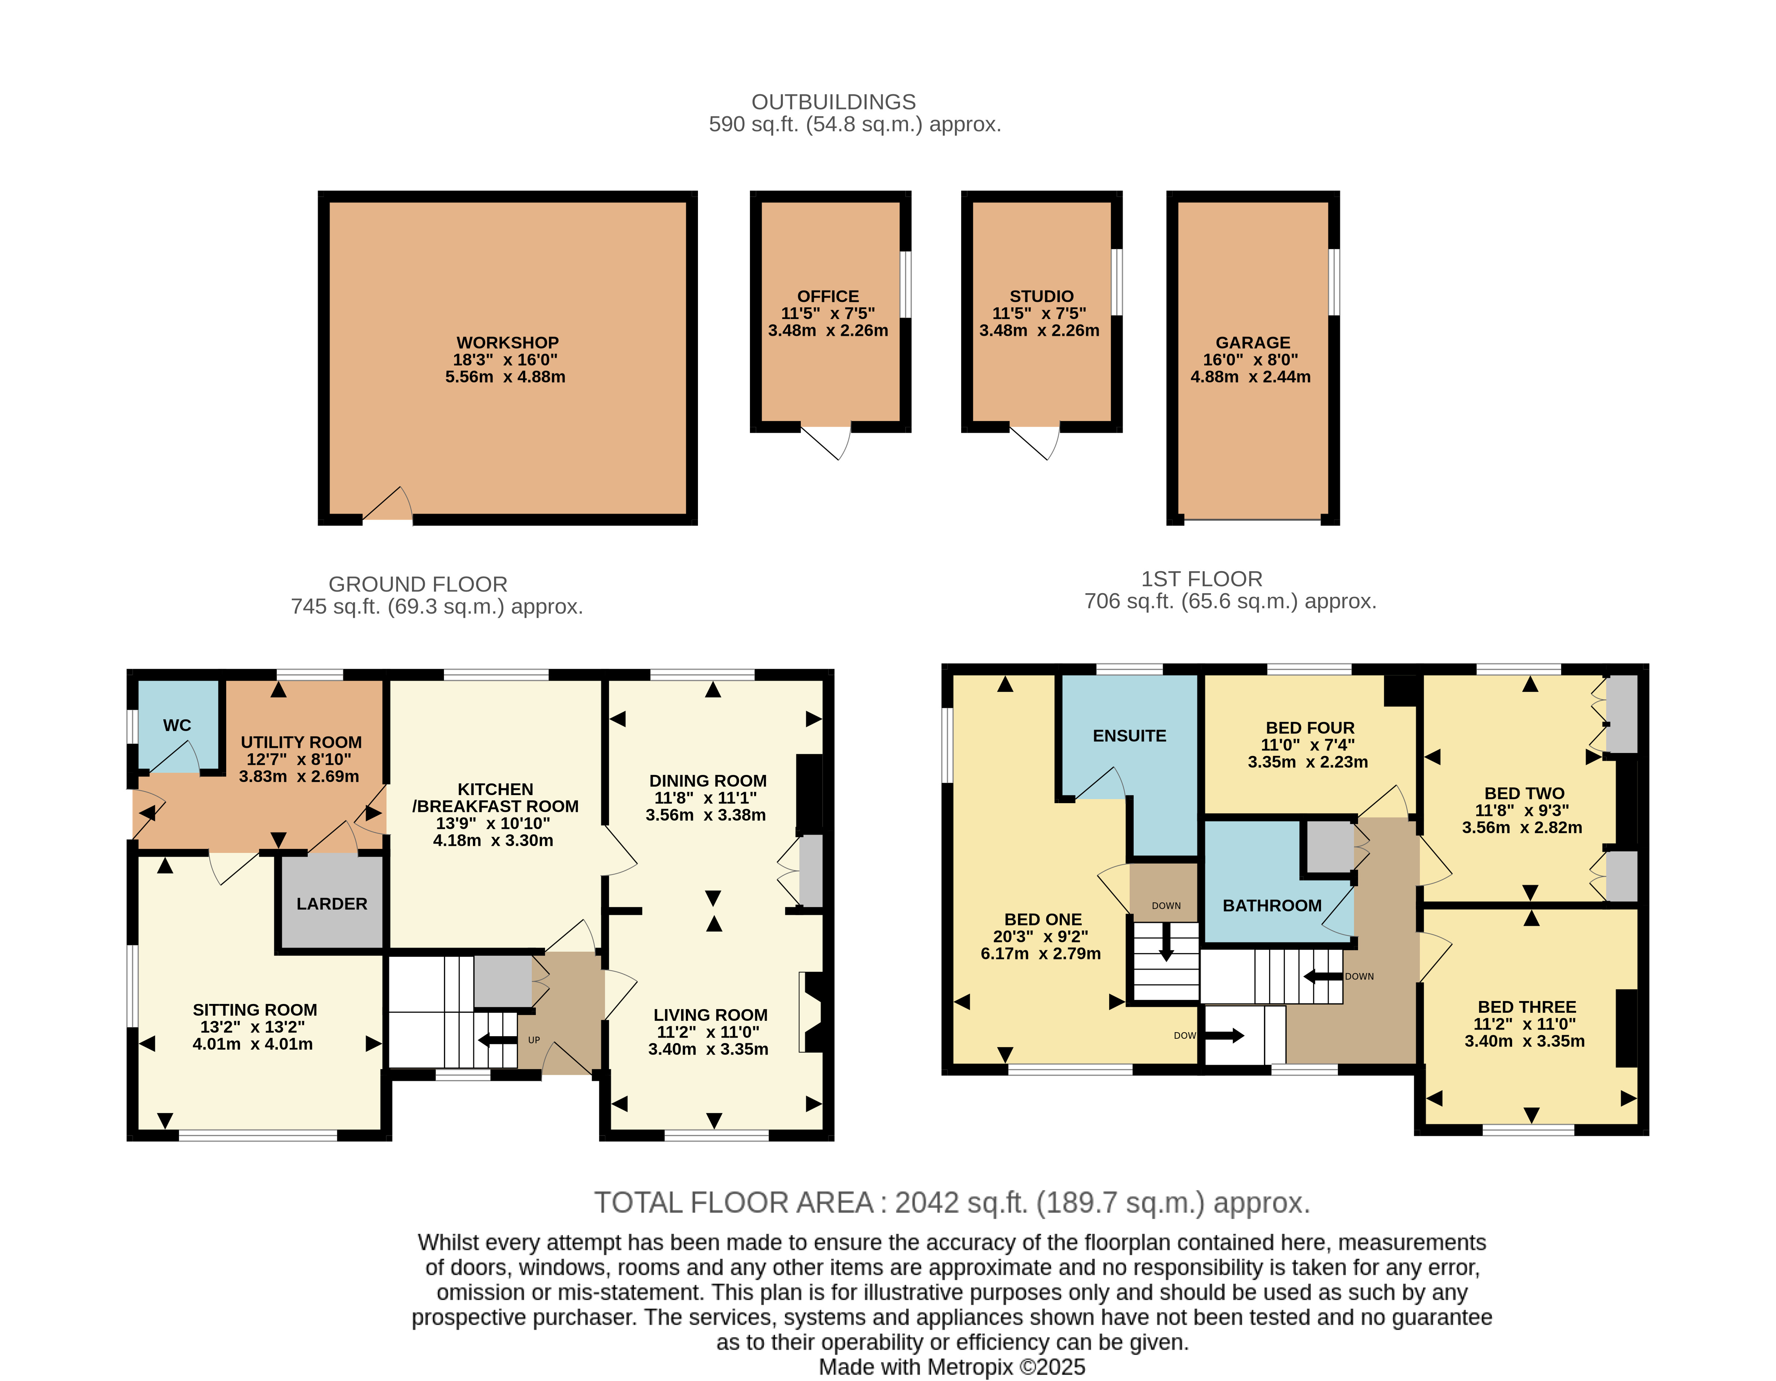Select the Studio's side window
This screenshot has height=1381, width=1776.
(x=1117, y=281)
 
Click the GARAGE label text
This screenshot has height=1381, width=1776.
(x=1252, y=342)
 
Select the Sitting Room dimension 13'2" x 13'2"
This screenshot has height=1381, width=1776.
(x=253, y=1027)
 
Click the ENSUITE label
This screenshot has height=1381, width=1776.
(x=1129, y=736)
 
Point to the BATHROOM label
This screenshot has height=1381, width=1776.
(x=1272, y=905)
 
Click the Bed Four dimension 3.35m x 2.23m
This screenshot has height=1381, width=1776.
(x=1308, y=762)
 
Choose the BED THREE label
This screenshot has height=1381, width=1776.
(x=1526, y=1006)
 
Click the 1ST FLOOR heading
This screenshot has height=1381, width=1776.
(x=1201, y=579)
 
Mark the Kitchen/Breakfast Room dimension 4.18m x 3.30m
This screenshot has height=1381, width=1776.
(x=493, y=841)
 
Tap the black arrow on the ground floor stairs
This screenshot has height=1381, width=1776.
(x=497, y=1040)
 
